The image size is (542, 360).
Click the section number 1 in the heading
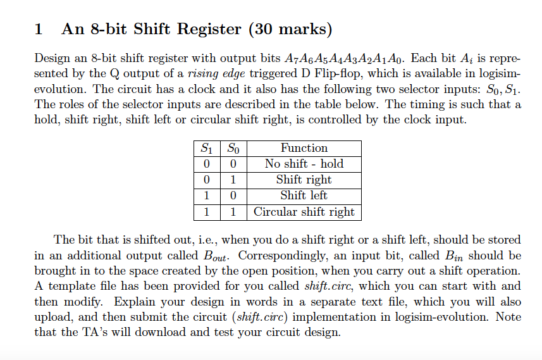pos(39,29)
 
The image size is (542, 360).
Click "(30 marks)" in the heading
pos(290,29)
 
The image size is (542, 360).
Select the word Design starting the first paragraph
pos(52,59)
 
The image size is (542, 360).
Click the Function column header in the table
pos(304,148)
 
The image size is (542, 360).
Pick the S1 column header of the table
pos(206,148)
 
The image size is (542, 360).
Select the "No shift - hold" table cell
pos(304,164)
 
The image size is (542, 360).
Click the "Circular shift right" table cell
pos(304,212)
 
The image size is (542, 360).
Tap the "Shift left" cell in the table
pos(304,196)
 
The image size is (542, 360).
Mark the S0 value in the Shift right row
pos(233,180)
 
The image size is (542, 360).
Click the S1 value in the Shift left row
pos(206,196)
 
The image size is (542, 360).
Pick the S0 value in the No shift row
pos(233,164)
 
